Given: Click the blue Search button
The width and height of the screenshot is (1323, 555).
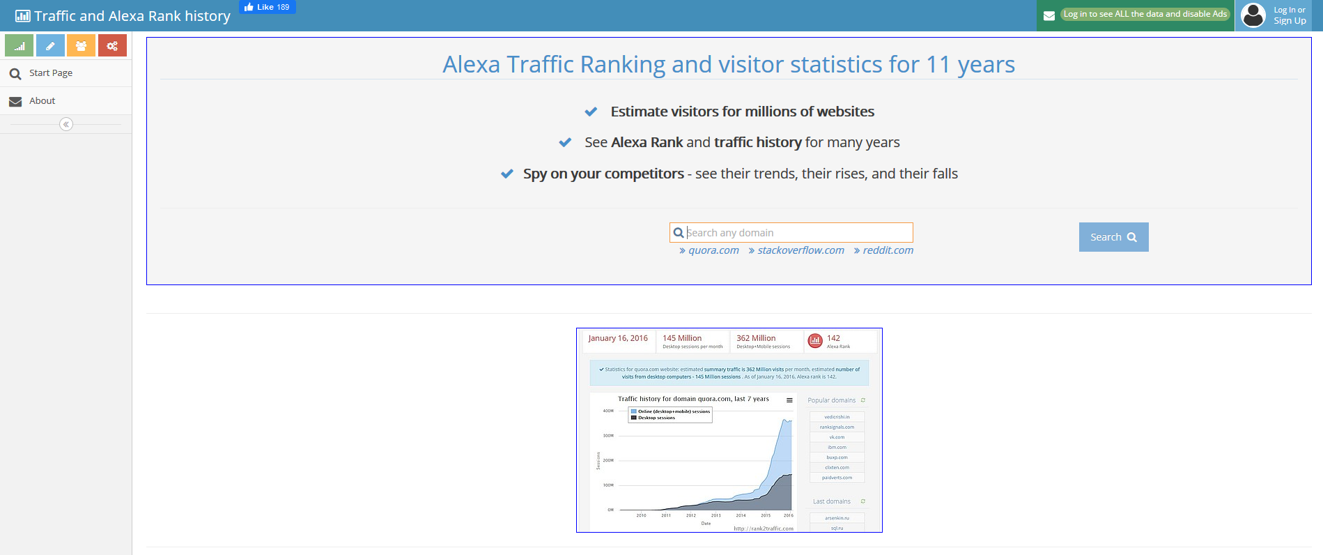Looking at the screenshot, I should tap(1113, 237).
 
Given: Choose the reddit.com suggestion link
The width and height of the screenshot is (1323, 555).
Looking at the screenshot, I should tap(887, 250).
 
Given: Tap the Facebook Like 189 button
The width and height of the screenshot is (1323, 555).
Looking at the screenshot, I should tap(268, 7).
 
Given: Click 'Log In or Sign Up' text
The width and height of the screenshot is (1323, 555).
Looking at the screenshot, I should tap(1290, 15).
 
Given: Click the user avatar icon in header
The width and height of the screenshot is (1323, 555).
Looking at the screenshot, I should tap(1253, 15).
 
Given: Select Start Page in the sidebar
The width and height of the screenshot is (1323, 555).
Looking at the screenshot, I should tap(51, 73).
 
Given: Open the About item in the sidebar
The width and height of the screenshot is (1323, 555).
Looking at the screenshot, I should tap(42, 101).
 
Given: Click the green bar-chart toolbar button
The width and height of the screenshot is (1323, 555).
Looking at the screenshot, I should tap(20, 46).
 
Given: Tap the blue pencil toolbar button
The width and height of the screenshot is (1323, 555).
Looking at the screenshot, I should tap(50, 46).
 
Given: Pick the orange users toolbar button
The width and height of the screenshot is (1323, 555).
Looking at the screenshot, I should tap(82, 46).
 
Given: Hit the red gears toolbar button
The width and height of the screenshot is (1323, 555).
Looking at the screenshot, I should tap(112, 46).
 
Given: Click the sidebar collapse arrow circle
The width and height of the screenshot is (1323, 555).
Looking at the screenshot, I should tap(66, 124).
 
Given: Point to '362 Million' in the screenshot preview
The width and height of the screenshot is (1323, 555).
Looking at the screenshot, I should tap(756, 338).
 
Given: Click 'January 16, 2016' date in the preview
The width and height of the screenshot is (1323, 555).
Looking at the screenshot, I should tap(618, 338).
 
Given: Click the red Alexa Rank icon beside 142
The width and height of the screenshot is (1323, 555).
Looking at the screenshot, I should tap(815, 340).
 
